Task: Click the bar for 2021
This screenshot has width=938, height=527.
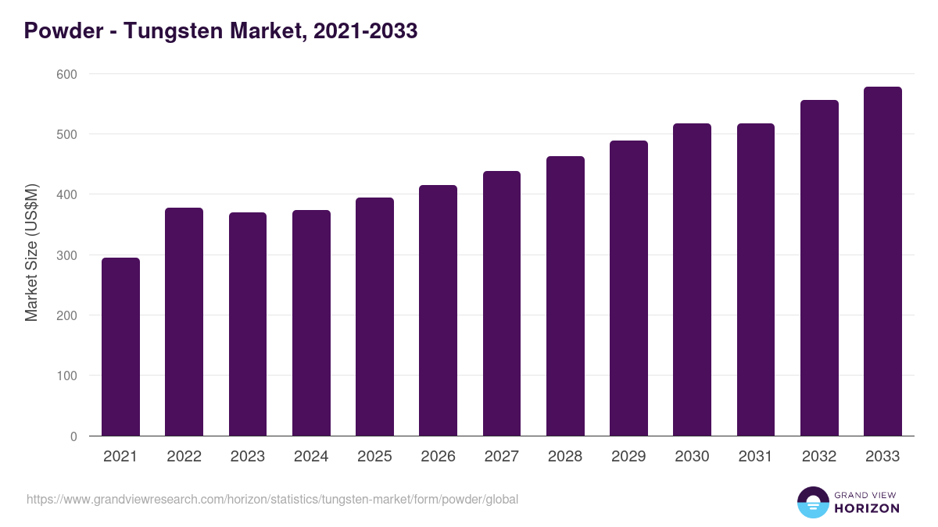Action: pos(120,347)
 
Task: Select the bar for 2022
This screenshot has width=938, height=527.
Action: pos(184,322)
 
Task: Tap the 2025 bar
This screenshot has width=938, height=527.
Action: pos(374,316)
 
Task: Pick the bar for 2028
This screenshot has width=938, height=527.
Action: pos(565,296)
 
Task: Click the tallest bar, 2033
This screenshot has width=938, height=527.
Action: pos(883,262)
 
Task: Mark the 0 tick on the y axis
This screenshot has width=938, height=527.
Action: pos(73,436)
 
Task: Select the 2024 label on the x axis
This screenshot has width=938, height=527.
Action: pos(311,457)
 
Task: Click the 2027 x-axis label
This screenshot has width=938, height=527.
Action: pos(501,457)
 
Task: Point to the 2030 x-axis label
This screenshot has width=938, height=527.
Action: pos(692,457)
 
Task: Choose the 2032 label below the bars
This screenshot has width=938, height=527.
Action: pos(819,457)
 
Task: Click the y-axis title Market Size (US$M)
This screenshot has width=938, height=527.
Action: pos(31,251)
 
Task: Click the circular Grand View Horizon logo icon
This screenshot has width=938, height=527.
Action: pos(812,502)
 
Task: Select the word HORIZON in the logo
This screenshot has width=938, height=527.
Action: pos(867,508)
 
